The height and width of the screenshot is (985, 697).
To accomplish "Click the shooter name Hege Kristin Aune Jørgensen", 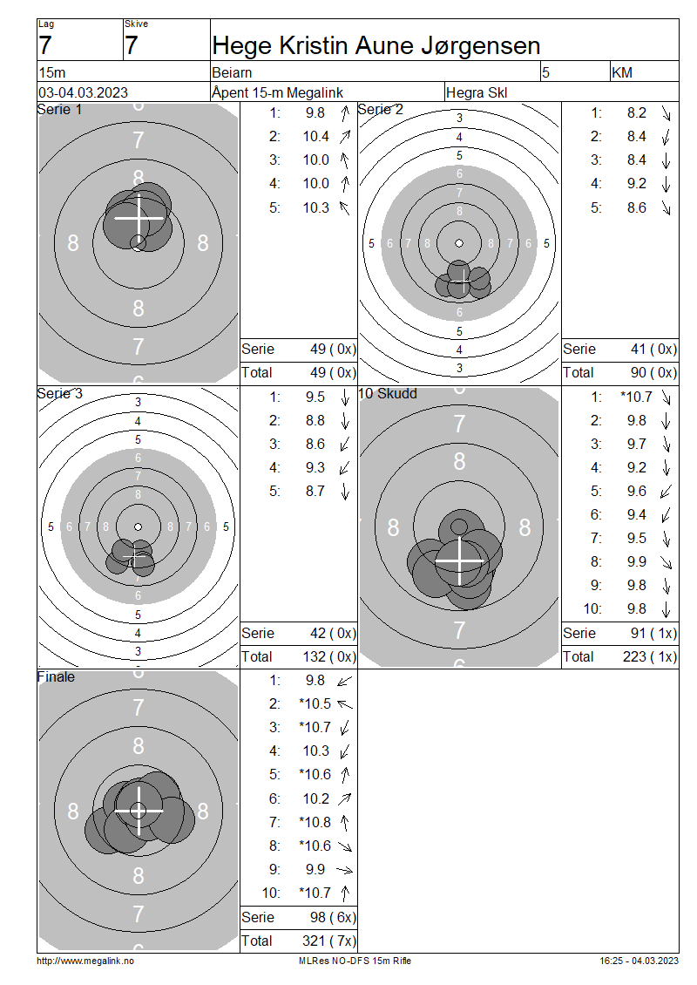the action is [x=376, y=46].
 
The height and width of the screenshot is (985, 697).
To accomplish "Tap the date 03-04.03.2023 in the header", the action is [x=83, y=92].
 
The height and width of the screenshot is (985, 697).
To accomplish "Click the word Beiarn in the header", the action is [x=232, y=73].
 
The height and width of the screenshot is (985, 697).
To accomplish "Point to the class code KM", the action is [x=622, y=73].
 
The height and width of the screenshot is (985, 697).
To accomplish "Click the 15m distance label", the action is [x=51, y=73].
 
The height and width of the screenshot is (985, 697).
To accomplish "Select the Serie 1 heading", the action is [x=59, y=109].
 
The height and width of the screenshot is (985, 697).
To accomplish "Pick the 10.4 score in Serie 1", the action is [x=316, y=136].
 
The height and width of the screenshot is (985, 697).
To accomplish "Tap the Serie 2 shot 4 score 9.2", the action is [x=637, y=183].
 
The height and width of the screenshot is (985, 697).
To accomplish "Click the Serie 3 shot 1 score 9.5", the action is [x=315, y=397].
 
